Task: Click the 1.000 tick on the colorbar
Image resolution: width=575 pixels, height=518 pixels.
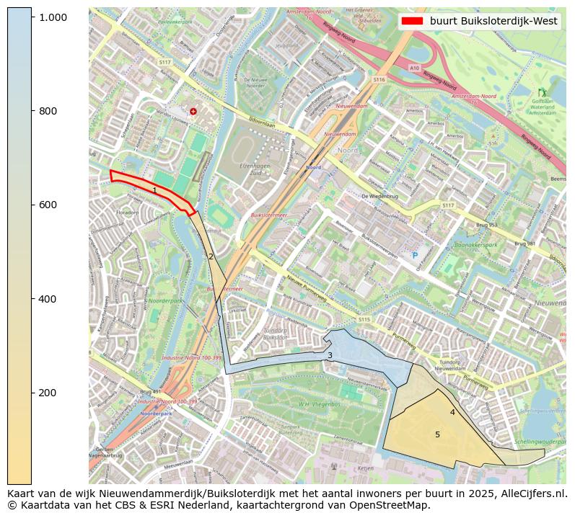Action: pyautogui.click(x=32, y=17)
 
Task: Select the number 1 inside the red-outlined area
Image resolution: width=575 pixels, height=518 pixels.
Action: pyautogui.click(x=154, y=191)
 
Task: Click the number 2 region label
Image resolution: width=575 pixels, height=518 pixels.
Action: pyautogui.click(x=211, y=256)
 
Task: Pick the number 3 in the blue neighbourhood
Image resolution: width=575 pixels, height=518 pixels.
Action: pyautogui.click(x=330, y=355)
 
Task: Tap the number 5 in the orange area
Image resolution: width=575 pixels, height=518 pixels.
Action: pyautogui.click(x=437, y=434)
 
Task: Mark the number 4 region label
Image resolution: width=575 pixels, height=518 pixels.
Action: pyautogui.click(x=452, y=412)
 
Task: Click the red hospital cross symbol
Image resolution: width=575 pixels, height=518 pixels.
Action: pyautogui.click(x=193, y=111)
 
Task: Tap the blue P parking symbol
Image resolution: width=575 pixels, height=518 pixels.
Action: pyautogui.click(x=414, y=255)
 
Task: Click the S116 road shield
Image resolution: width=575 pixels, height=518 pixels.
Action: pyautogui.click(x=379, y=80)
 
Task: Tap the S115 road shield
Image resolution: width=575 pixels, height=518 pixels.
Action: pyautogui.click(x=364, y=319)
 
